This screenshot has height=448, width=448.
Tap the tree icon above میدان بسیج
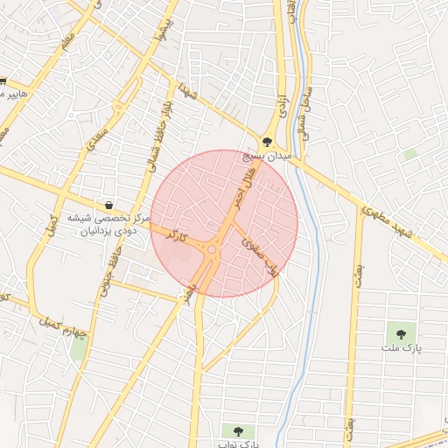tap(267, 140)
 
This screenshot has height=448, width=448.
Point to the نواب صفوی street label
tap(262, 253)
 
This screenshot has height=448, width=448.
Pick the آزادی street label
tap(282, 109)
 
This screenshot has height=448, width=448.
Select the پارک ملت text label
tap(401, 348)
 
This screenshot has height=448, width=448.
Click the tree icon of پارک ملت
tap(401, 332)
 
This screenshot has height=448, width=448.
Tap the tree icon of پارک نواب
tap(237, 430)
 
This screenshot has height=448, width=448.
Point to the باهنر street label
tap(187, 297)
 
